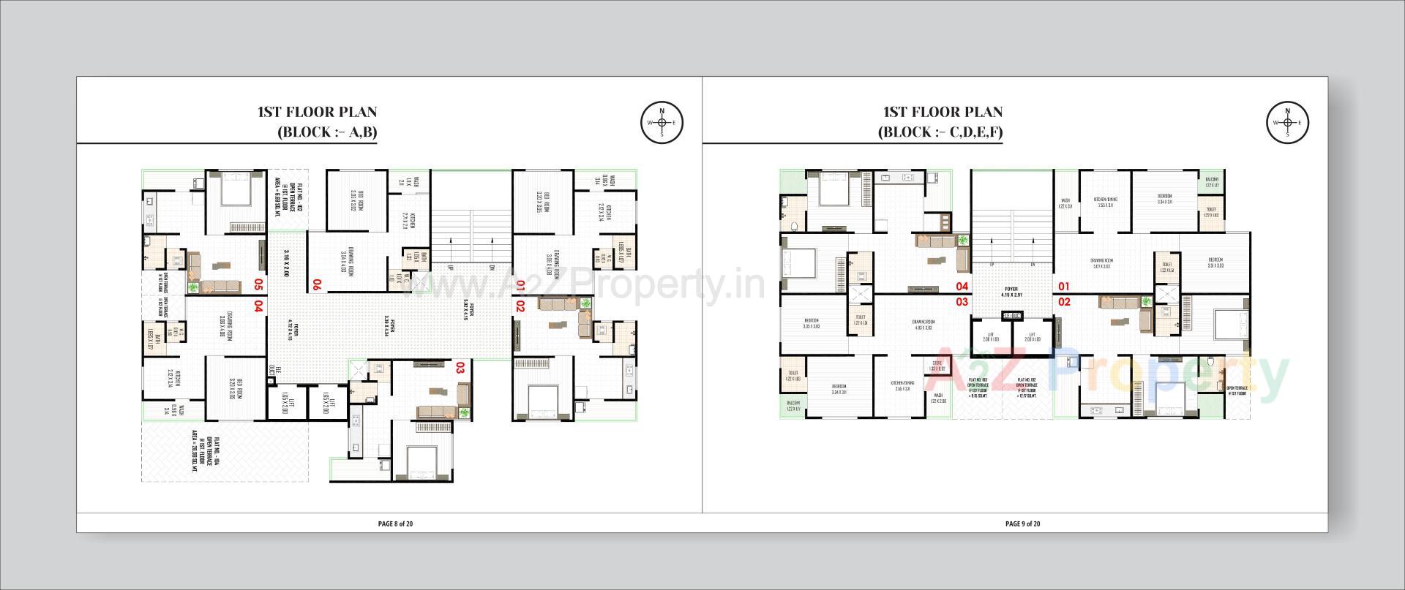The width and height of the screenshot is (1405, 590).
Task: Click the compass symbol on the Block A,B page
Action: [662, 122]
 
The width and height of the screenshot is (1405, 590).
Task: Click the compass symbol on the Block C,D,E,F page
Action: [1287, 122]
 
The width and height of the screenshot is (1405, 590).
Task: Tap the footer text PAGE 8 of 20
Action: [396, 523]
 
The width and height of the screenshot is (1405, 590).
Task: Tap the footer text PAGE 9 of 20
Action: [1022, 523]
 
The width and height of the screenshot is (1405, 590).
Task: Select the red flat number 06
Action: [317, 284]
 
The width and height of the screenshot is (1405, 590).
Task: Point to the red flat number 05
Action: [258, 284]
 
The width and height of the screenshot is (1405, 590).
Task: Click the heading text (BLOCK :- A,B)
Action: [327, 132]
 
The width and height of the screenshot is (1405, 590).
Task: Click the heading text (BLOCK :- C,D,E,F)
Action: [940, 132]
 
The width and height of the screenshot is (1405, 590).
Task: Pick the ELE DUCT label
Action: [271, 371]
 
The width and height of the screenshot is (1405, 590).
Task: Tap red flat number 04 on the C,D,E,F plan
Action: [961, 286]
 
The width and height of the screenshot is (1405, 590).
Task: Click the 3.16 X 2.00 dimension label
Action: [287, 263]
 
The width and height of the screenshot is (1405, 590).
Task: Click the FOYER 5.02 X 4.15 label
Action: [468, 311]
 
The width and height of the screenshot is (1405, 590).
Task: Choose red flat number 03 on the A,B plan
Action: [461, 367]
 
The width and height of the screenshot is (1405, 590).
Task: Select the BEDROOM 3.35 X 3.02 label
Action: [811, 323]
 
